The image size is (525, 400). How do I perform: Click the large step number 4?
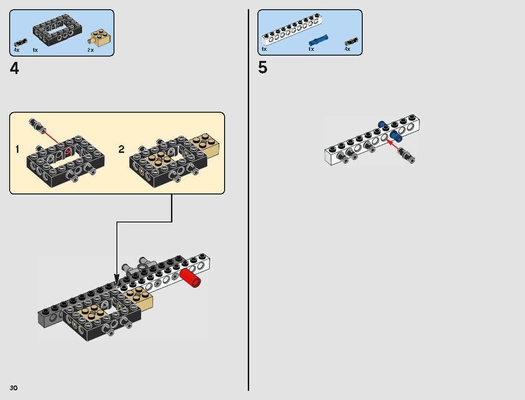tap(14, 69)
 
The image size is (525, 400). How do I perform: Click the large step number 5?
tap(262, 68)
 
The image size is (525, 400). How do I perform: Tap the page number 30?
tap(14, 388)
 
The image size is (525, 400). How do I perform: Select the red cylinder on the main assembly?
tap(190, 279)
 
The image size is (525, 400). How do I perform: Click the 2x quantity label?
tap(90, 50)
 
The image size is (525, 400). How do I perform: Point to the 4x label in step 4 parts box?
tap(16, 50)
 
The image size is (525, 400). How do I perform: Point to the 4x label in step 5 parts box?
tap(347, 49)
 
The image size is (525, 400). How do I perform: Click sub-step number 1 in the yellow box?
tap(17, 149)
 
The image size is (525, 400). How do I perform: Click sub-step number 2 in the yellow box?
tap(121, 149)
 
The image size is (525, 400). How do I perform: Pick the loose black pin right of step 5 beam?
tap(407, 155)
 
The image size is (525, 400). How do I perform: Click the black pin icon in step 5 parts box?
tap(351, 42)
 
